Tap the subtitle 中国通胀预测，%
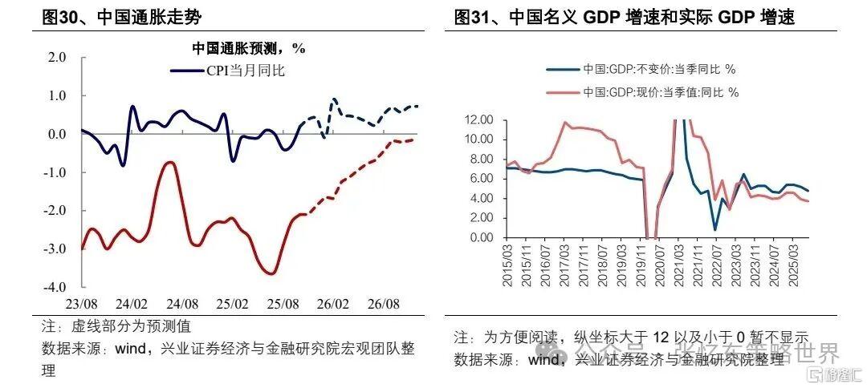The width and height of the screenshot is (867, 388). pos(248,48)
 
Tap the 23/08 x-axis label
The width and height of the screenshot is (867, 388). pos(82,305)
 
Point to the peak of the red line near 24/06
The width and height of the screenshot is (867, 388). pos(170,163)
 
